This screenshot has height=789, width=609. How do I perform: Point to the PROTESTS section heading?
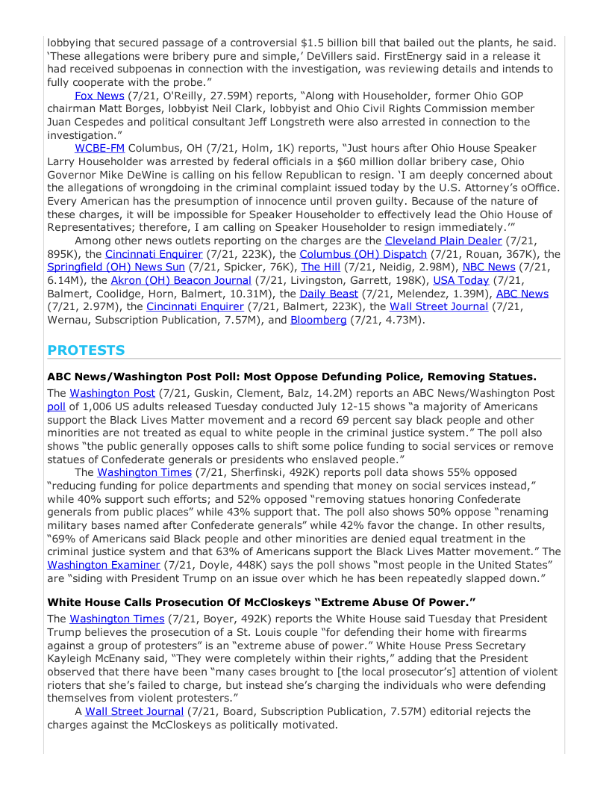pyautogui.click(x=86, y=350)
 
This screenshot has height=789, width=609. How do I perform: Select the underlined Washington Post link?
pyautogui.click(x=112, y=393)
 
